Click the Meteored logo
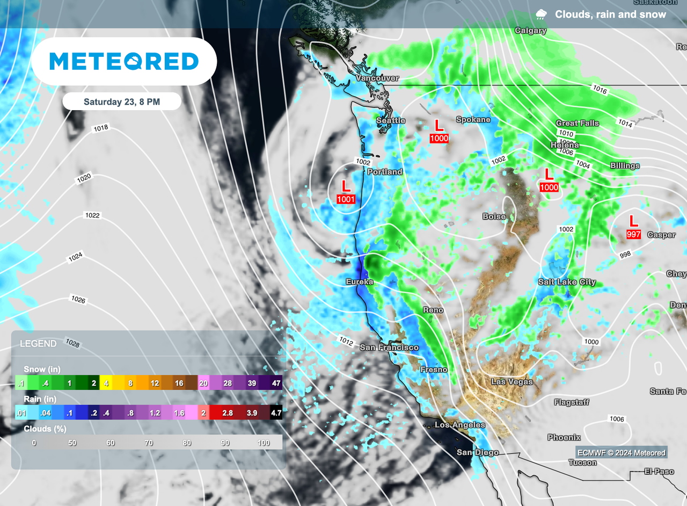pos(124,61)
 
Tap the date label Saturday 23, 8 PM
pos(122,102)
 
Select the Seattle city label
pos(390,120)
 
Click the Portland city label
pos(384,172)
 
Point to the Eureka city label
pos(359,281)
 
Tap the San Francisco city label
pos(389,347)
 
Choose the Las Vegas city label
pos(512,382)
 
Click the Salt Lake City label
pos(567,282)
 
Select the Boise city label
pos(494,216)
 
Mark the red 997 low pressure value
pos(634,234)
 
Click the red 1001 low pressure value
pos(346,199)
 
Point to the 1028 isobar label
pos(73,343)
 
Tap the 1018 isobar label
pos(100,128)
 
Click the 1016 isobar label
pos(600,90)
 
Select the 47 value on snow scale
pos(275,384)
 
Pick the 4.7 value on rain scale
pos(275,413)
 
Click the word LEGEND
pos(38,344)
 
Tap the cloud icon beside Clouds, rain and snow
pos(542,15)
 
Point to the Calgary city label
pos(530,31)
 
